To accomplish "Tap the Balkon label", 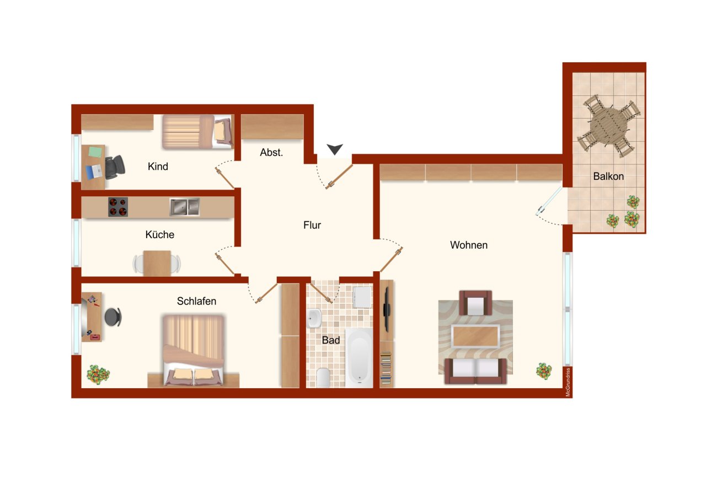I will [x=608, y=176].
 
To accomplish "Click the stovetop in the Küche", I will [x=117, y=207].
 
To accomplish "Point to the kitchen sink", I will [x=184, y=207].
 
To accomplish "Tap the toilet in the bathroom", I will [x=323, y=377].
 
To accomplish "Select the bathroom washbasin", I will [x=314, y=318].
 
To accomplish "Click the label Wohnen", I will [x=469, y=245].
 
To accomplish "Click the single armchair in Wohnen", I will [x=475, y=303].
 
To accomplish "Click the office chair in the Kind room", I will [x=115, y=167].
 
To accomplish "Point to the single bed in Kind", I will [x=197, y=132].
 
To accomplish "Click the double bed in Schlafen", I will [x=193, y=347].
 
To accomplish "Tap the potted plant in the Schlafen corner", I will [x=98, y=375].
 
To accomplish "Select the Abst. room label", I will [x=271, y=153].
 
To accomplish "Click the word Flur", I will [x=312, y=225].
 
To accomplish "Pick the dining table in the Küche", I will [x=157, y=263].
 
